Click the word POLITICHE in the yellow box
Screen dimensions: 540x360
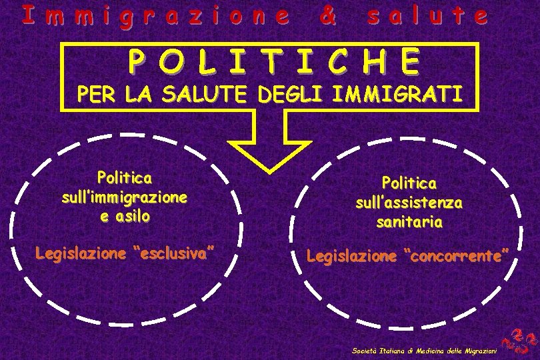[274, 62]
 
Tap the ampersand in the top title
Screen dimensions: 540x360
[327, 16]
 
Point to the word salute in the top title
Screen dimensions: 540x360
[427, 16]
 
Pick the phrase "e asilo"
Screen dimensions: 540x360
[124, 217]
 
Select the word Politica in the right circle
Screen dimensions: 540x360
[409, 181]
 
